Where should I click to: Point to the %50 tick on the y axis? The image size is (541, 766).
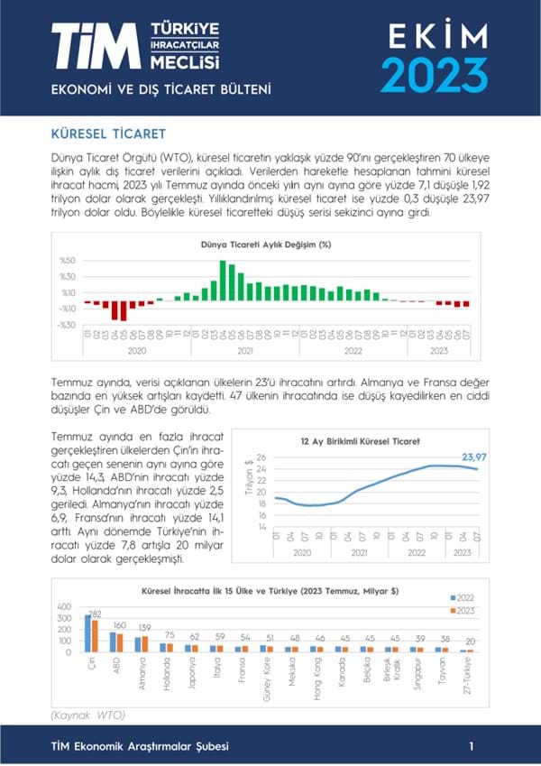[x=68, y=261]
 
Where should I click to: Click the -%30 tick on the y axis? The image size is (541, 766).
[x=66, y=324]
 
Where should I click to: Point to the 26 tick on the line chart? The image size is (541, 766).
[x=261, y=457]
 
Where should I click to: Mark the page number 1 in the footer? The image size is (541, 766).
[x=472, y=746]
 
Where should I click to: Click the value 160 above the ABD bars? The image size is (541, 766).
[x=120, y=625]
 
